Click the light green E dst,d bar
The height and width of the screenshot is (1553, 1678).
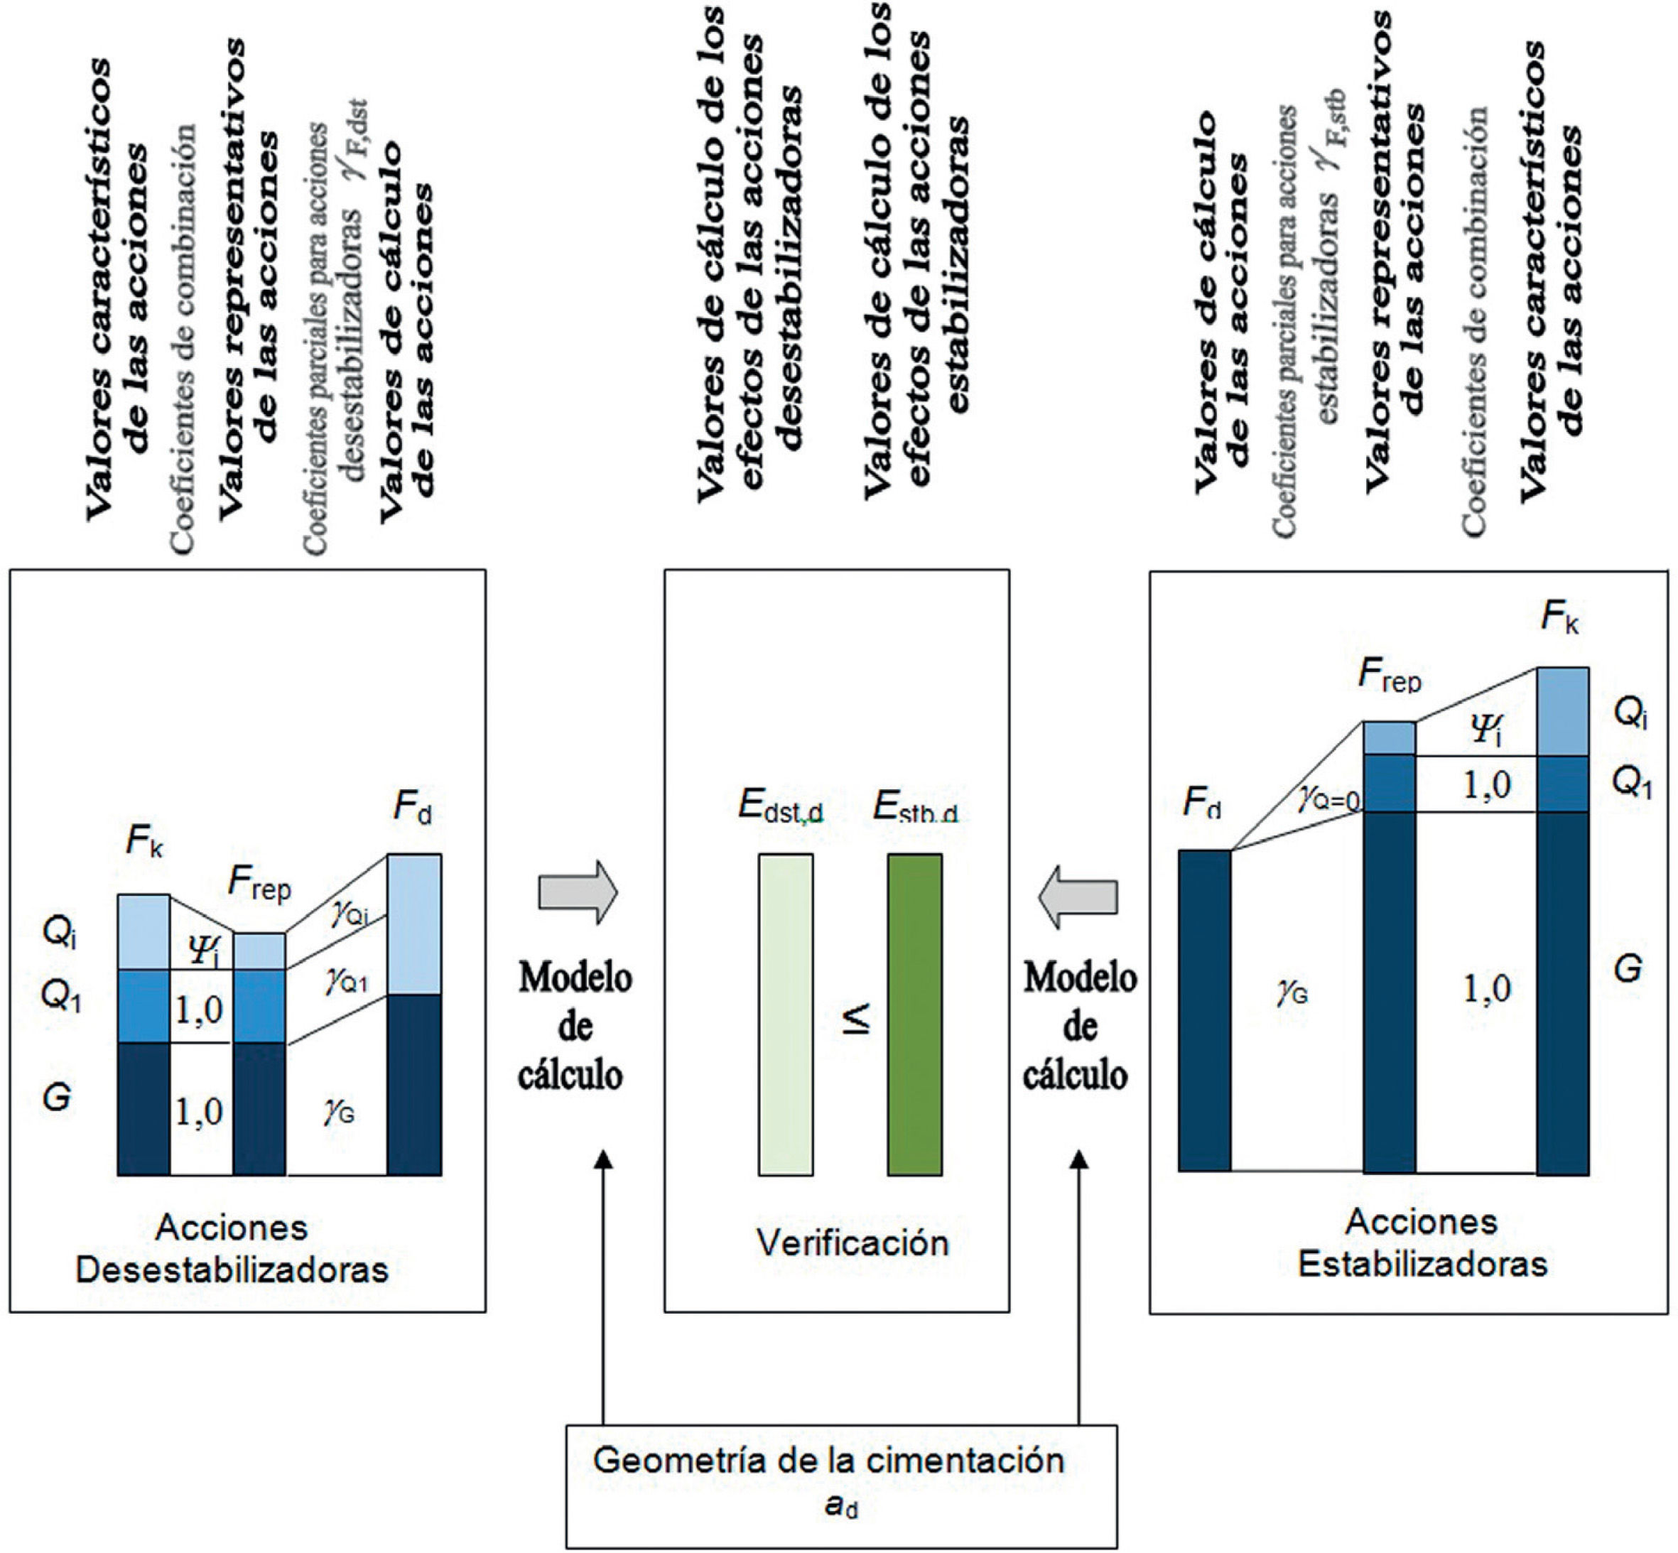(786, 1014)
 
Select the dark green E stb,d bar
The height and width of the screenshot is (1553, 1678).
(915, 1014)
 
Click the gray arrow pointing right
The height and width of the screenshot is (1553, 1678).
(578, 892)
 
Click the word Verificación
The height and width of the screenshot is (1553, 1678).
(852, 1241)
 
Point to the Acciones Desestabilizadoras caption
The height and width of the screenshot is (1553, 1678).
(232, 1249)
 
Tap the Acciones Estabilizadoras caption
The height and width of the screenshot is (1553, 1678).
(1422, 1243)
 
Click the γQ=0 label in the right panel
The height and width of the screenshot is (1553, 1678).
(1328, 799)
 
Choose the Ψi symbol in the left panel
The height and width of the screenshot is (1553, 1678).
(202, 951)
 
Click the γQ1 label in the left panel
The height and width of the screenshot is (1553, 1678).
(346, 980)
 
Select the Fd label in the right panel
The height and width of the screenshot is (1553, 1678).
(1201, 803)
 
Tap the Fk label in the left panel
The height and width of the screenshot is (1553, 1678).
(144, 841)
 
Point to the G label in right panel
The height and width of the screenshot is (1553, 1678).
(1628, 969)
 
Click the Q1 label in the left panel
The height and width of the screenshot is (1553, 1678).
(60, 997)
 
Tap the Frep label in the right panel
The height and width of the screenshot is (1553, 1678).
(1390, 677)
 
